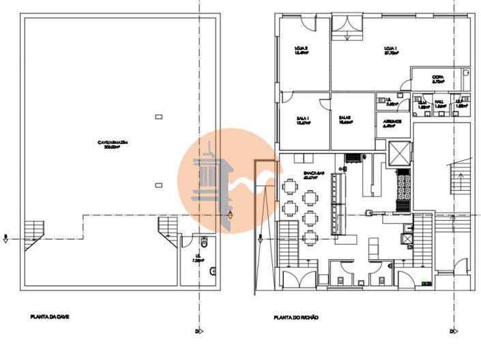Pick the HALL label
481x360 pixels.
point(440,104)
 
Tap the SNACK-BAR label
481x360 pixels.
point(314,175)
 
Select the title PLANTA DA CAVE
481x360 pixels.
point(50,317)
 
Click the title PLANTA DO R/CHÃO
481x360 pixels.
point(296,317)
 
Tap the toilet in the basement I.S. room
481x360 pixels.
point(204,243)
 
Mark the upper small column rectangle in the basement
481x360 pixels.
point(158,117)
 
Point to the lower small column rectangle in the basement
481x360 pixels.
point(158,184)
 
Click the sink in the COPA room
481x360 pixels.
point(466,72)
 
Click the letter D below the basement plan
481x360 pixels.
point(196,332)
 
